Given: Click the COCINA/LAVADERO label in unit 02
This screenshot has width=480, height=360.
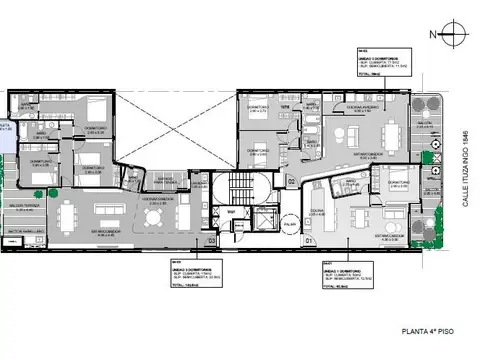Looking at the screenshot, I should (363, 105).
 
